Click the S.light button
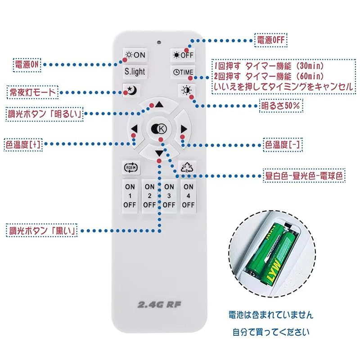pyautogui.click(x=135, y=72)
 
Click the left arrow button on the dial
pyautogui.click(x=134, y=130)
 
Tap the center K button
pyautogui.click(x=159, y=130)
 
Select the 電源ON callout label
pyautogui.click(x=27, y=65)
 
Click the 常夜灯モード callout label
pyautogui.click(x=33, y=92)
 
